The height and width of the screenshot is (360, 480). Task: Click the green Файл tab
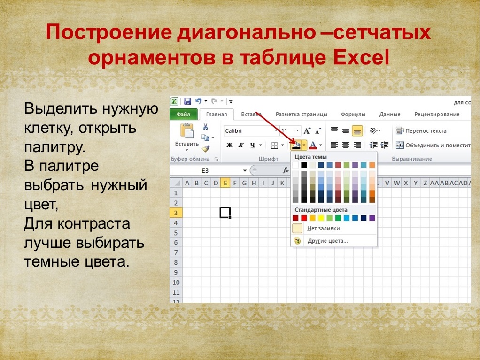183,115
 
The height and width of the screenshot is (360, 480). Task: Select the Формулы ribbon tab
353,115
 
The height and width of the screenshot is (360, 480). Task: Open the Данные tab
390,115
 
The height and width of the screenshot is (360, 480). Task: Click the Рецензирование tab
437,115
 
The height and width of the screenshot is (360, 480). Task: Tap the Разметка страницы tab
301,115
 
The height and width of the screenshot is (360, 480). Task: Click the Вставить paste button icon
187,131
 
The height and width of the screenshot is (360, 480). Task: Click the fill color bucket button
296,146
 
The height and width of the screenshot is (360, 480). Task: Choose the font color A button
312,146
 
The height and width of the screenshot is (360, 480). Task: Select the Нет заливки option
323,228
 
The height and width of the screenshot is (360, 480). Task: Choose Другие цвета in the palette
327,241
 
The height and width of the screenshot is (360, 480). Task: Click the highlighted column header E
225,183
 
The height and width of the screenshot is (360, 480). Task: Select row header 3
176,213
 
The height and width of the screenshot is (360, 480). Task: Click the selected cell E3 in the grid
225,213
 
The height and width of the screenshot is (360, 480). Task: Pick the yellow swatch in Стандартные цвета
321,218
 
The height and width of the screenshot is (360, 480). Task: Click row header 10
176,282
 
